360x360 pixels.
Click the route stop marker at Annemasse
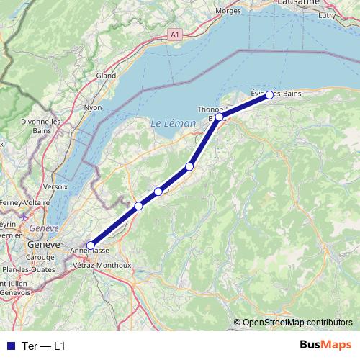[x=90, y=246]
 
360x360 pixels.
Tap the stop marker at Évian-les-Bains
[x=269, y=95]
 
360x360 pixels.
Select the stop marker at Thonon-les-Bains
[x=219, y=116]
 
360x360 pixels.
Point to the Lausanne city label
[x=298, y=3]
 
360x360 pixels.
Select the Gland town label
[x=106, y=75]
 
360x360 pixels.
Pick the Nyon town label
[x=93, y=107]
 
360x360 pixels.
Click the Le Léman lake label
[x=173, y=124]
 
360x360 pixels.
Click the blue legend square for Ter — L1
[x=9, y=346]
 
